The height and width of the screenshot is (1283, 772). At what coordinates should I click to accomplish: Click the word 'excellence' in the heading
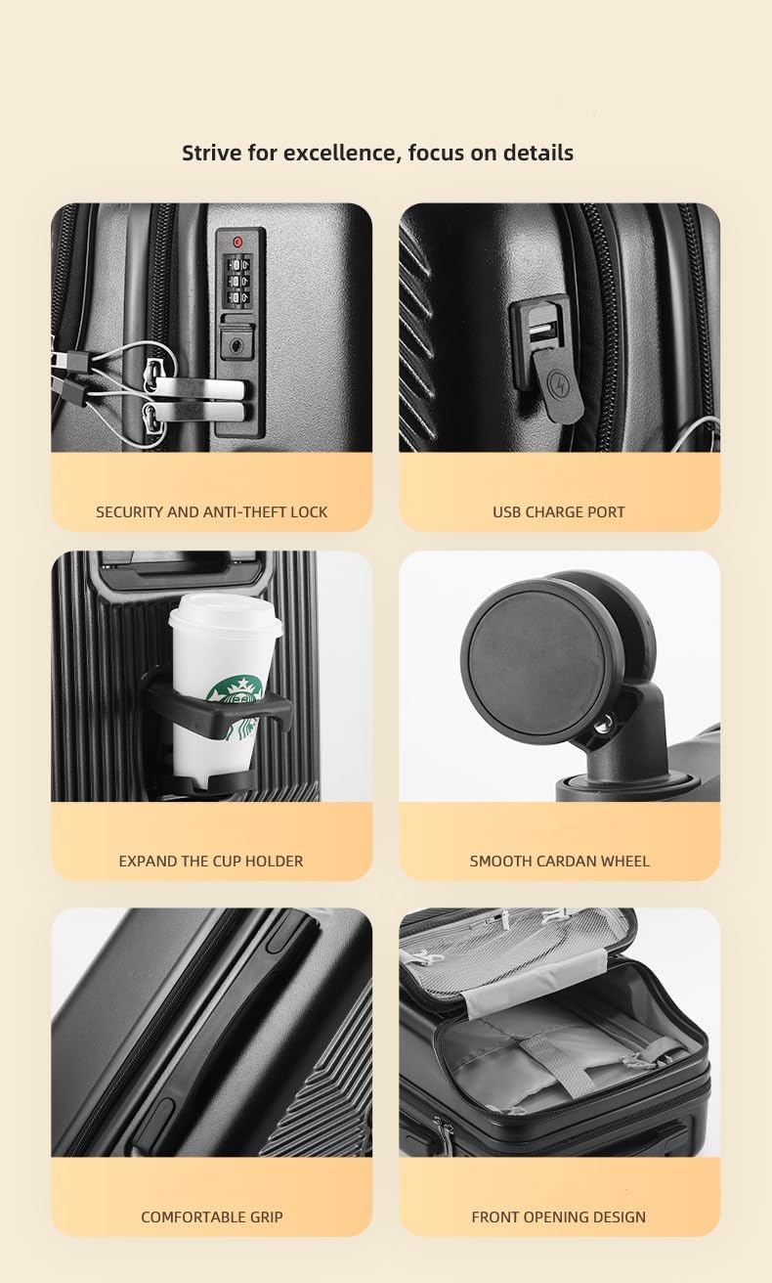337,153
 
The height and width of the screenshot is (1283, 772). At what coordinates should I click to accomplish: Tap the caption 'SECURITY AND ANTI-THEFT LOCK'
211,511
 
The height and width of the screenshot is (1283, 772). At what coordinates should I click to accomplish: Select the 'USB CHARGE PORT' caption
558,511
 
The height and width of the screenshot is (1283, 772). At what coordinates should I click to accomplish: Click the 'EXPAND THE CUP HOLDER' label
211,861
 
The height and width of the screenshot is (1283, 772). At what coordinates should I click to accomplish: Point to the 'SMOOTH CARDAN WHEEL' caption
559,861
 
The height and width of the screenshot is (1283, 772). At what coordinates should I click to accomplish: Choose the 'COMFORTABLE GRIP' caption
211,1217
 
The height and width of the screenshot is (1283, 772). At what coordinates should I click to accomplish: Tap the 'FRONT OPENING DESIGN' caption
558,1217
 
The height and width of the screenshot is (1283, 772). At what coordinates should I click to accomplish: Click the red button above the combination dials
236,241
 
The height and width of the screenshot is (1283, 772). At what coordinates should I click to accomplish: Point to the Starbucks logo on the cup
235,697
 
